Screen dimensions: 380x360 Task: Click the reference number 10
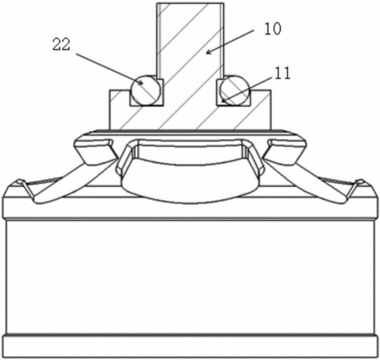coord(273,29)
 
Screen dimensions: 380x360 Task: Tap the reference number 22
coord(62,44)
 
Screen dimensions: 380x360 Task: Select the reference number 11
coord(282,74)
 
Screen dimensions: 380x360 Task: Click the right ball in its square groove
coord(234,90)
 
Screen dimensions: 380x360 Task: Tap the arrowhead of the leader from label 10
coord(209,52)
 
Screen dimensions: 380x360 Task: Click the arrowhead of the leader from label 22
coord(140,82)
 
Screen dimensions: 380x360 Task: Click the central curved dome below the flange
coord(190,182)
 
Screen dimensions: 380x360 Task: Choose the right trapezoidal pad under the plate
coord(284,150)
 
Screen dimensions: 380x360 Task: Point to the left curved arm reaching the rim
coord(66,184)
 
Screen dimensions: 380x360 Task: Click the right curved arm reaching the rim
coord(314,184)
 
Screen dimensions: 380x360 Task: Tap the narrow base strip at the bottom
coord(190,346)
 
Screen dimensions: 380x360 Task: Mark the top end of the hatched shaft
coord(190,3)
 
